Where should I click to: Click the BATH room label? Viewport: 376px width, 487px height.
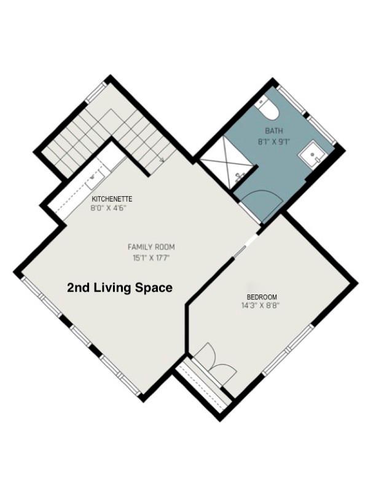pos(274,131)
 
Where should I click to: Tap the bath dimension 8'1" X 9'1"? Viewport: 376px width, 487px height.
pos(274,142)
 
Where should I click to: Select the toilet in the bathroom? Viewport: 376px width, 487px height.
pos(268,108)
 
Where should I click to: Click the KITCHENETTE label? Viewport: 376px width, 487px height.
pos(112,199)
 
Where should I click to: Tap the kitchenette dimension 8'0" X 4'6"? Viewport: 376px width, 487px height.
pos(109,208)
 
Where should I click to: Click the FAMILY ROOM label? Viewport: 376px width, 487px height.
pos(151,247)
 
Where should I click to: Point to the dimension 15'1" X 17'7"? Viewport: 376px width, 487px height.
pos(151,258)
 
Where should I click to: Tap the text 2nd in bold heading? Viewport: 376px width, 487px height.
pos(79,288)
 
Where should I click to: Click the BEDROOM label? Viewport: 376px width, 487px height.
pos(262,296)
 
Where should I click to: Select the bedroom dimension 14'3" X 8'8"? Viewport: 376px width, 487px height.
pos(260,306)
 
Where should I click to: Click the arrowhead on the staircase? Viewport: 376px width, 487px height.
pos(162,160)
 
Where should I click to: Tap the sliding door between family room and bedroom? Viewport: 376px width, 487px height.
pos(246,245)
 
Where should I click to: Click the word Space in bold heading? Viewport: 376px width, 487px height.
pos(154,288)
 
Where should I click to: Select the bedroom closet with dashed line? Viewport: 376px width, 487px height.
pos(203,386)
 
